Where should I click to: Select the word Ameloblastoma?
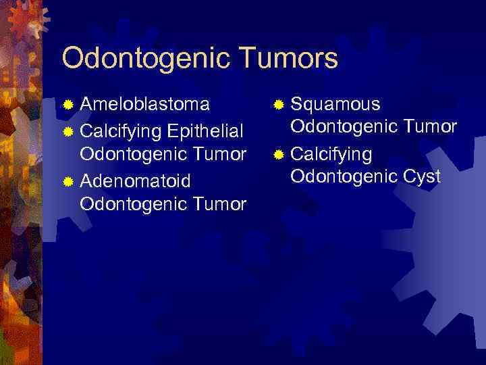coord(144,105)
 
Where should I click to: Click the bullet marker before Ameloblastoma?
coord(67,105)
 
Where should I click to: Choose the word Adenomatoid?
coord(136,181)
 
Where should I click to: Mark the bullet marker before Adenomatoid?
coord(67,182)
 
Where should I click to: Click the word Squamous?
coord(335,105)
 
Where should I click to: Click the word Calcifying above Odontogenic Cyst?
coord(331,155)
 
